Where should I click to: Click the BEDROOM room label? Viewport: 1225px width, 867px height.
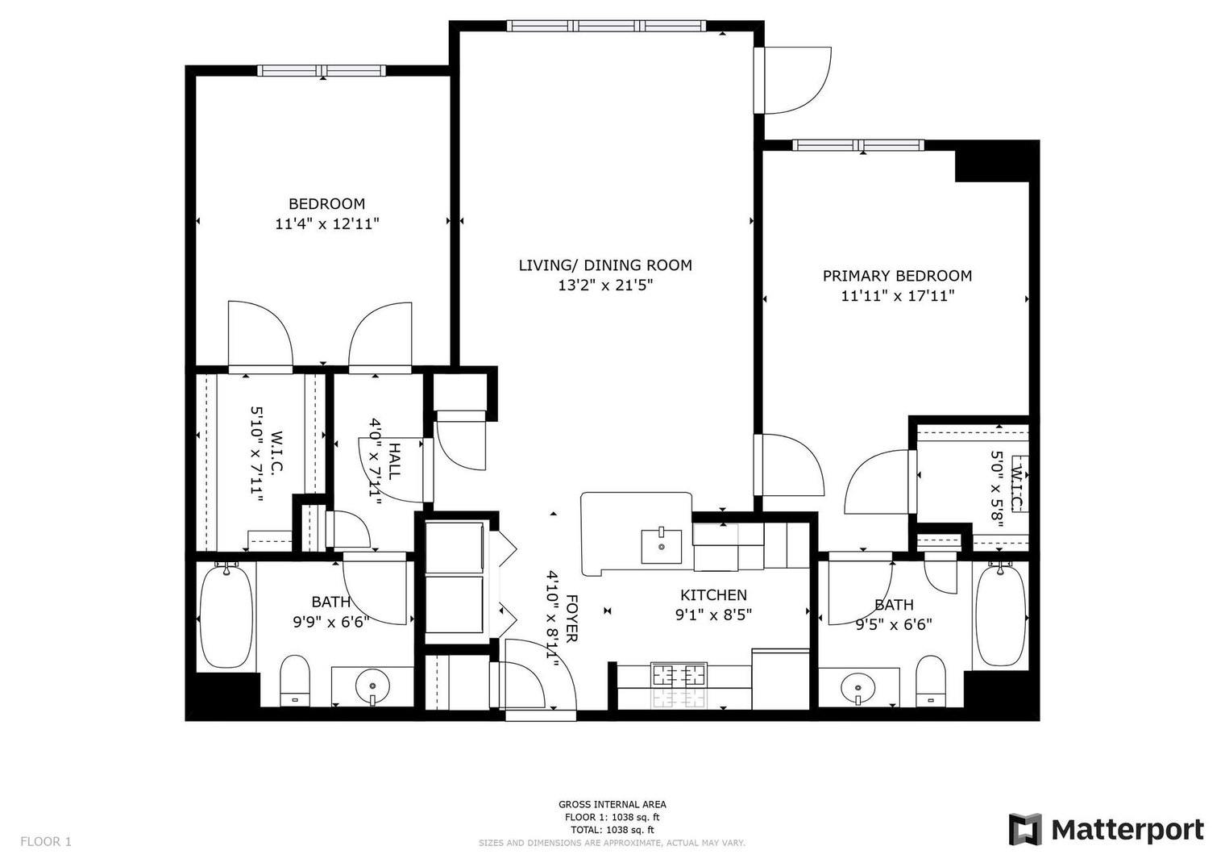click(326, 204)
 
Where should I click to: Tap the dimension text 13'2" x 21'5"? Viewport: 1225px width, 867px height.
click(604, 285)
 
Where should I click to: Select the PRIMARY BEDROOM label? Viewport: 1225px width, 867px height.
click(896, 276)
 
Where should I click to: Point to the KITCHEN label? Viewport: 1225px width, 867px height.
click(713, 595)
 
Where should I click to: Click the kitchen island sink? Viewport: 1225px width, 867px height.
click(662, 546)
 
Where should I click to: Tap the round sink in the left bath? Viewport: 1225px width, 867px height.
click(372, 686)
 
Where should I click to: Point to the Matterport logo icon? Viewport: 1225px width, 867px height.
click(1025, 829)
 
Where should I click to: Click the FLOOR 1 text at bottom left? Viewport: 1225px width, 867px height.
click(46, 841)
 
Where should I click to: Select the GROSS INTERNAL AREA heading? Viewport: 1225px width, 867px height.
click(612, 804)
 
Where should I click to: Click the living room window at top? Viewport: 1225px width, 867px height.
click(608, 26)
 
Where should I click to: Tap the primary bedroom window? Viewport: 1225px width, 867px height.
click(857, 145)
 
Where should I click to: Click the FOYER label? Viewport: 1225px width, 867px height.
click(571, 619)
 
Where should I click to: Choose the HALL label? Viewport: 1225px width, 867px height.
click(394, 461)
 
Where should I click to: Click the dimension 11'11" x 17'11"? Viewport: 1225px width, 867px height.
click(897, 296)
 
